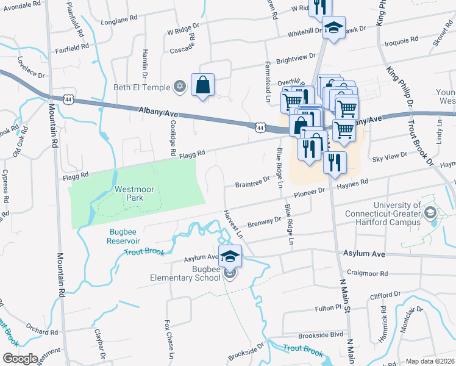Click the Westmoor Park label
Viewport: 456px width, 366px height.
(x=136, y=193)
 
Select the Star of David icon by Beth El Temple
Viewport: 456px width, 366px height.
(x=179, y=86)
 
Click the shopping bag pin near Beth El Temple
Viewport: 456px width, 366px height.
(x=202, y=85)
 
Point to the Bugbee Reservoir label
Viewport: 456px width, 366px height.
(x=129, y=236)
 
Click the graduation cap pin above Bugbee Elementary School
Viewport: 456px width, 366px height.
(x=230, y=256)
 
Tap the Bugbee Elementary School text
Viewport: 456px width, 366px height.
(x=185, y=273)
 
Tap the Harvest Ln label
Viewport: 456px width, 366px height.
(x=233, y=224)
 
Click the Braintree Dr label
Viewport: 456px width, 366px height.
(x=252, y=181)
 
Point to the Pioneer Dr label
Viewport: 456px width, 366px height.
(x=310, y=193)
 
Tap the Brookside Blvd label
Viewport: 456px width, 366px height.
(x=321, y=335)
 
